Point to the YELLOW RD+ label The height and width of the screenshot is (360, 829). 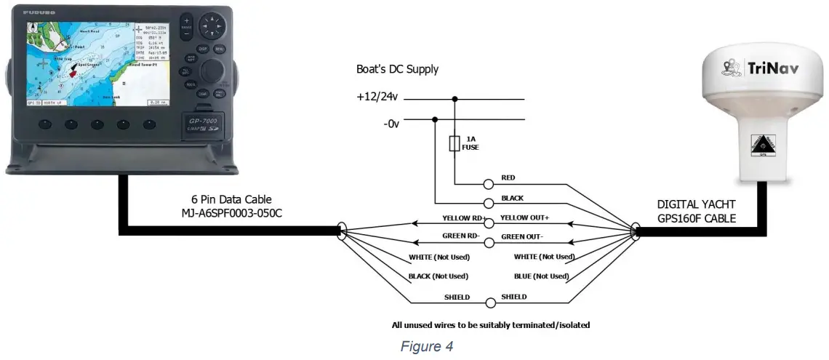pos(462,218)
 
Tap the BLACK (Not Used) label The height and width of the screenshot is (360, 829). pos(439,276)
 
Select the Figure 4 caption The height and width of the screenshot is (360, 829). pos(426,347)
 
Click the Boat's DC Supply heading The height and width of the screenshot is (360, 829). pos(397,70)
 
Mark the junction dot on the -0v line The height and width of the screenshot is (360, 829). pos(435,120)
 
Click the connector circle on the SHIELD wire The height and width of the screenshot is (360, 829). pos(490,302)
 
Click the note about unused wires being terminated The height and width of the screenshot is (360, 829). pos(490,325)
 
